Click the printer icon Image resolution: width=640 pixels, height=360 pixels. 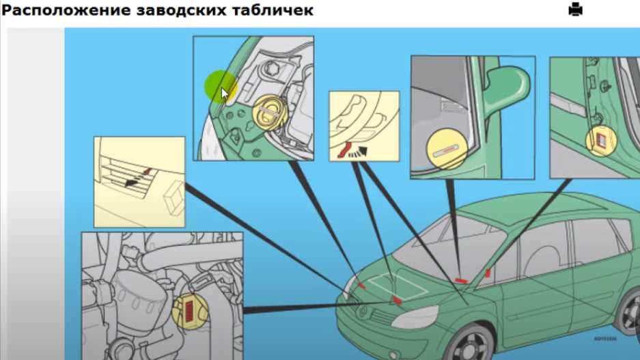click(575, 10)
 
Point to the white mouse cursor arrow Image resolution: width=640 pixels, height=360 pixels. click(225, 94)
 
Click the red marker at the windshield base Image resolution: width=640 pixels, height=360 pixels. click(460, 279)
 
